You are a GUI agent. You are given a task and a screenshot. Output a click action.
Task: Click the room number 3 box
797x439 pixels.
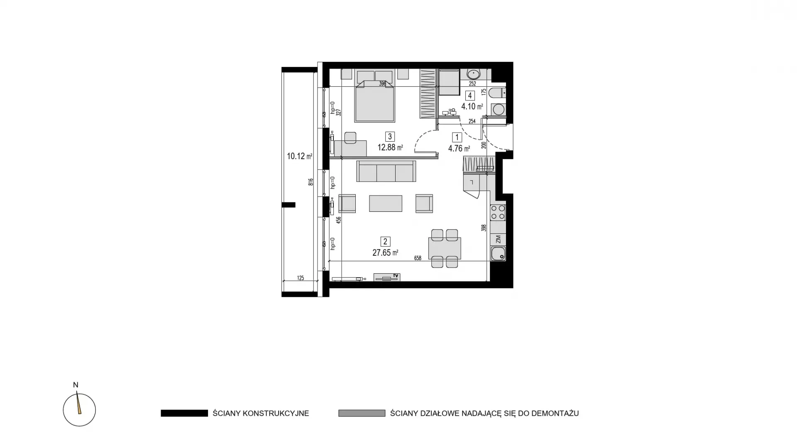tap(389, 136)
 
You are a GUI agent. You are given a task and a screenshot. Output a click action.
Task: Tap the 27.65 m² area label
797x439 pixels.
tap(385, 253)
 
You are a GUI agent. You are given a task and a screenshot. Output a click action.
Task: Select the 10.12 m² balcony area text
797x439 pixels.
tap(299, 156)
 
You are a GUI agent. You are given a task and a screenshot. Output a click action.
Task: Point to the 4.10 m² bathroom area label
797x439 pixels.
tap(472, 106)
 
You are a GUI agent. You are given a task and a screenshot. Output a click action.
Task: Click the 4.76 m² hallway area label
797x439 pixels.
tap(459, 148)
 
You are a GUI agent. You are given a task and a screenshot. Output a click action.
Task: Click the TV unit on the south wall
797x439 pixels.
tap(387, 277)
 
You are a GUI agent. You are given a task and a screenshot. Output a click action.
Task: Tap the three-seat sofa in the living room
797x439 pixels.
tap(386, 171)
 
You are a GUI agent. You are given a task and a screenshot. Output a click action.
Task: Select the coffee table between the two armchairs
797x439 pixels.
tap(386, 204)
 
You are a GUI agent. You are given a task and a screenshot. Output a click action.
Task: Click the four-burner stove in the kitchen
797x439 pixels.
tap(498, 212)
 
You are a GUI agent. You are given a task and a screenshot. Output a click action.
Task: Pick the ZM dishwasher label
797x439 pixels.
tap(498, 239)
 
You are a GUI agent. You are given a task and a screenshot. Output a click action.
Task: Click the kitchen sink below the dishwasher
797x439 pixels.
tap(498, 253)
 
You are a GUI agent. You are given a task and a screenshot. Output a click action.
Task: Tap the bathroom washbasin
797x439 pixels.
tap(473, 74)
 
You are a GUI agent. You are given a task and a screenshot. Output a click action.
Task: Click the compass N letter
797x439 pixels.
tap(76, 385)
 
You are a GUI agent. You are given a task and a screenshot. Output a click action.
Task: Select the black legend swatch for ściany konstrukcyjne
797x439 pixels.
tap(184, 413)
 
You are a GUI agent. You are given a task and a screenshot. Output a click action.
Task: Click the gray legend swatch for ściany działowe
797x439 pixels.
tap(362, 413)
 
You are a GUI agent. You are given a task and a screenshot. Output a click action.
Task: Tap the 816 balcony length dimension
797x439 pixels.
tap(310, 182)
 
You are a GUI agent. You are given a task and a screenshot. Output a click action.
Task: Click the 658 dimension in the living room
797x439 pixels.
tap(418, 258)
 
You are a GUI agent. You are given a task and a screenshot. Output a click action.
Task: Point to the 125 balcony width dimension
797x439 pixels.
tap(301, 278)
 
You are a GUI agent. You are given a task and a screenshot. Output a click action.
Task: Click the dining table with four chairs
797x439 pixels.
tap(445, 248)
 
